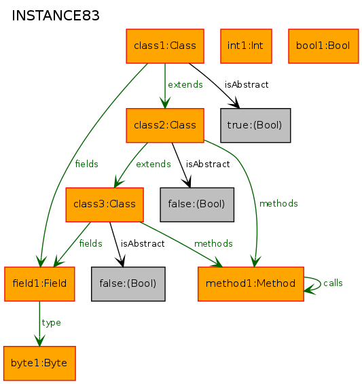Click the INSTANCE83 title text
pyautogui.click(x=56, y=16)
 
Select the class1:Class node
pyautogui.click(x=165, y=46)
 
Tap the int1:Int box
pyautogui.click(x=246, y=46)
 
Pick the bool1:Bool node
pyautogui.click(x=323, y=46)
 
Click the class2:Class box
pyautogui.click(x=165, y=125)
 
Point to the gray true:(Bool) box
pyautogui.click(x=255, y=125)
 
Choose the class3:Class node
pyautogui.click(x=105, y=205)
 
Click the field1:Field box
pyautogui.click(x=39, y=284)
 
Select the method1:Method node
pyautogui.click(x=251, y=284)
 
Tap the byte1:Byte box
pyautogui.click(x=39, y=363)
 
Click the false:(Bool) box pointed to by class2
pyautogui.click(x=197, y=205)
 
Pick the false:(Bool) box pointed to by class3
pyautogui.click(x=128, y=284)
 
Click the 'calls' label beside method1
pyautogui.click(x=333, y=283)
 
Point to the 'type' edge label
pyautogui.click(x=51, y=323)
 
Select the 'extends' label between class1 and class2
pyautogui.click(x=185, y=85)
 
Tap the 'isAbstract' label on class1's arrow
pyautogui.click(x=247, y=85)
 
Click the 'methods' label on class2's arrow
pyautogui.click(x=278, y=203)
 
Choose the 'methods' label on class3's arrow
pyautogui.click(x=213, y=244)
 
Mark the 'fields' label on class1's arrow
pyautogui.click(x=87, y=164)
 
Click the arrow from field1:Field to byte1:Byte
pyautogui.click(x=39, y=324)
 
